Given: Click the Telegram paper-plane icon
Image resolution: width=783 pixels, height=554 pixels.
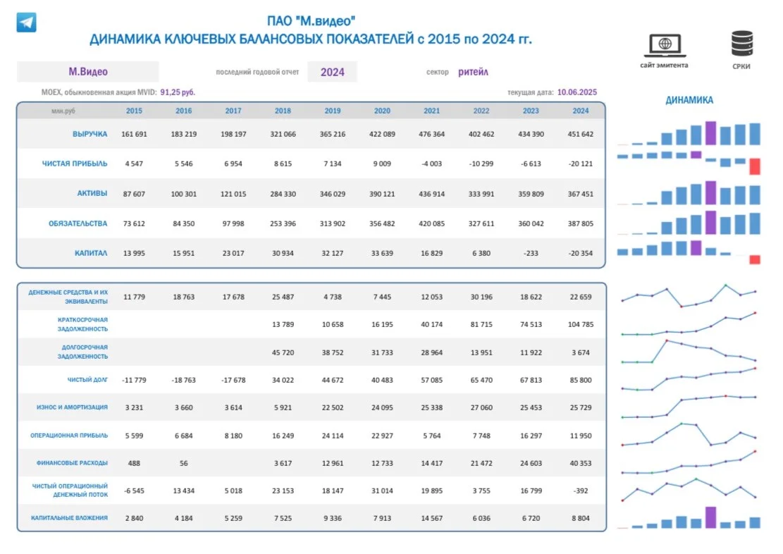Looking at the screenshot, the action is (27, 23).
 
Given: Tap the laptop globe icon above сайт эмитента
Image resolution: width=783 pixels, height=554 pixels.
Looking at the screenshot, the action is (665, 45).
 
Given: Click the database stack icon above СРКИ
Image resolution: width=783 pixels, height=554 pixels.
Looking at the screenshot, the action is (742, 44).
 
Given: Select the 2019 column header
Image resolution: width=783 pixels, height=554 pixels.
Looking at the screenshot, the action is (333, 111).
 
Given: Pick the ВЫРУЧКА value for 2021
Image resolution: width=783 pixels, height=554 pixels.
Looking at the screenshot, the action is (431, 134).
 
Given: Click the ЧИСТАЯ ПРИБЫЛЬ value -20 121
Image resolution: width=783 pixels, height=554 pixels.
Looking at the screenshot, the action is (580, 164).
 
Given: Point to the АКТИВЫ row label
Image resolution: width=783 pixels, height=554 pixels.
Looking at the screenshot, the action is (92, 193).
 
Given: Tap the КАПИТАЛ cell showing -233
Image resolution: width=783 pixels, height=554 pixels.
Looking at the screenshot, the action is (531, 253).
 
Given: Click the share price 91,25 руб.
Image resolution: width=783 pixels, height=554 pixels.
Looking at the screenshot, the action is (178, 92).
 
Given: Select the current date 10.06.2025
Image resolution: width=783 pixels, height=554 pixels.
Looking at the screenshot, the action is (577, 92).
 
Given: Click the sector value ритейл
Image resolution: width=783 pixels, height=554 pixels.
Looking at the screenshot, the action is (474, 72).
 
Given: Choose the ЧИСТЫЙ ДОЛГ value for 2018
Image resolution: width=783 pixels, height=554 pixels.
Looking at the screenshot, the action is (283, 380).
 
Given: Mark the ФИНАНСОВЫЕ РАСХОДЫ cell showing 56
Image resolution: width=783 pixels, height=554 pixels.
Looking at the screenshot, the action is (184, 463).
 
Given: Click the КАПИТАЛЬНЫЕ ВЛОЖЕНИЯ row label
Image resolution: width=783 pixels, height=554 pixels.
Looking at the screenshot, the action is (69, 518).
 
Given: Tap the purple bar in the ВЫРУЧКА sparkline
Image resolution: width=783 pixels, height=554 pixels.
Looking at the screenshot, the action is (710, 133).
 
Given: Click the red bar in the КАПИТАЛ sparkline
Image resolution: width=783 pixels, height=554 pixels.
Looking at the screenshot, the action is (755, 260).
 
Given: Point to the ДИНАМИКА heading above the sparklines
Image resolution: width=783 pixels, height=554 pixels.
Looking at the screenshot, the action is (689, 100).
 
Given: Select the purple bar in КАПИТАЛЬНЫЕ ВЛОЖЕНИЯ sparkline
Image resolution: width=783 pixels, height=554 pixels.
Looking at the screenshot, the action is (710, 517).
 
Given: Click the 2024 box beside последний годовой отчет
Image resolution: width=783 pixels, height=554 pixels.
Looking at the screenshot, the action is (333, 72).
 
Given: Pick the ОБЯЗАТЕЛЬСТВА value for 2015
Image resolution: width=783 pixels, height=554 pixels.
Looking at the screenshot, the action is (134, 224).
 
